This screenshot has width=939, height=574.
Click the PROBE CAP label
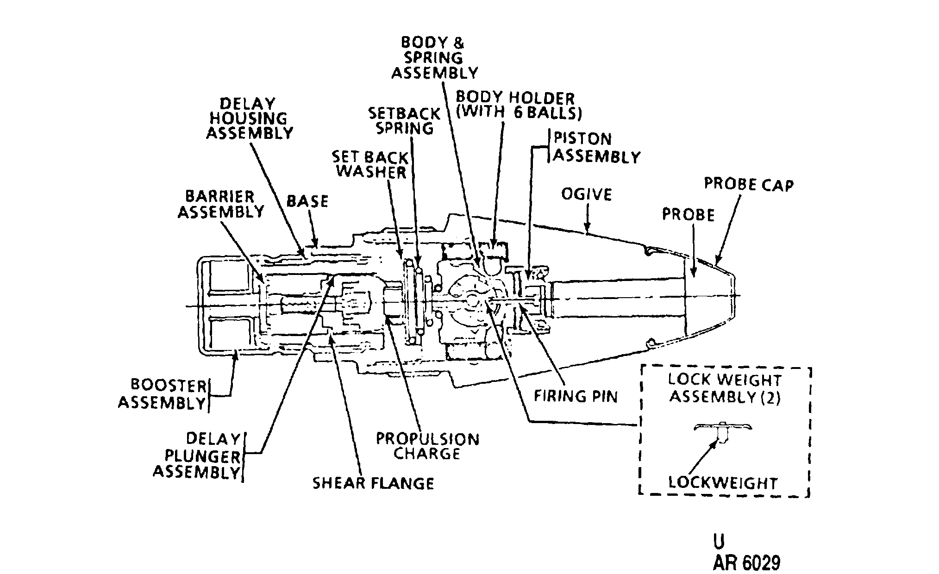[749, 184]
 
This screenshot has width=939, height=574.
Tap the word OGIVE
[587, 194]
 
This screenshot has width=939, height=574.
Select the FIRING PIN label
[576, 396]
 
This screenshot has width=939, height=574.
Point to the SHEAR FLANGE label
[373, 483]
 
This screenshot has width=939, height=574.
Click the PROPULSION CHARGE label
[427, 446]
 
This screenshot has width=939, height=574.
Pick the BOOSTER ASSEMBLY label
[162, 394]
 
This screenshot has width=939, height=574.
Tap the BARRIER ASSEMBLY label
[221, 204]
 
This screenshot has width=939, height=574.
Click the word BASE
[307, 201]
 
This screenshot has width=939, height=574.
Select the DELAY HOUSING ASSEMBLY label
[250, 119]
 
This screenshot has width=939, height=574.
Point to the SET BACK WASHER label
[371, 165]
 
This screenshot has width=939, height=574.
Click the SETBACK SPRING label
[404, 121]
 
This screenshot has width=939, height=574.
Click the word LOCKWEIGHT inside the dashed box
[723, 483]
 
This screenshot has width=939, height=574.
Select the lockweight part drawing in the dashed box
[723, 431]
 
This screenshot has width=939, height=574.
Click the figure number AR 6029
[746, 563]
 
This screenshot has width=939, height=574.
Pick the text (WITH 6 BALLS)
[519, 113]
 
